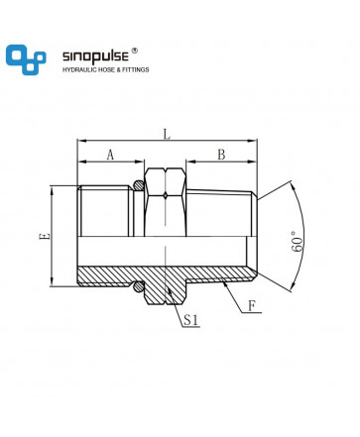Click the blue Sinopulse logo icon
tap(26, 59)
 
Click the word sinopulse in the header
tap(95, 56)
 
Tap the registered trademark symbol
tap(135, 51)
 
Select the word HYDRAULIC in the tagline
tap(78, 70)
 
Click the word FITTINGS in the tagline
tap(136, 70)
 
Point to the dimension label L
tap(168, 134)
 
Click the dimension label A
tap(110, 155)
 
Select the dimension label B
tap(221, 155)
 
